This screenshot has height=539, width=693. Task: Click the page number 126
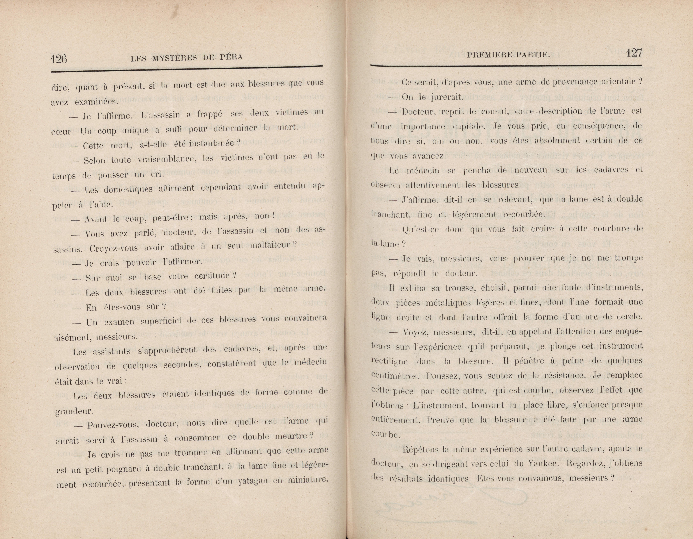(x=59, y=59)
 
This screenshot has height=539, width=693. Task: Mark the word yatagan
(x=252, y=481)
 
